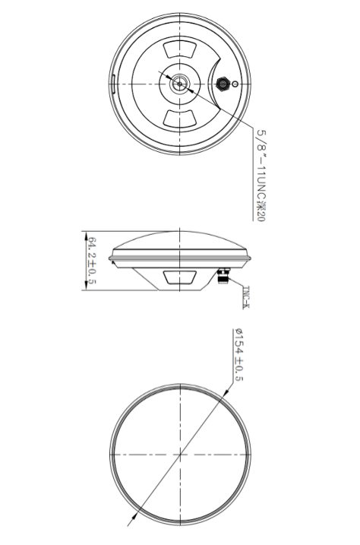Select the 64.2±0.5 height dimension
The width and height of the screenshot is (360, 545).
[x=91, y=261]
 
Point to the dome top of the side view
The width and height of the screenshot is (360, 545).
[x=179, y=235]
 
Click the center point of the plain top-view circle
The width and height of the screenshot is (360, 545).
[x=179, y=455]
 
